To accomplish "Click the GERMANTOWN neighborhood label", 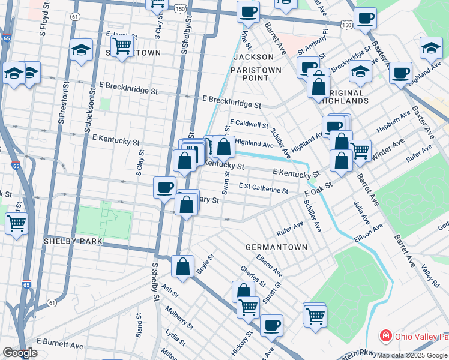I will pos(276,247).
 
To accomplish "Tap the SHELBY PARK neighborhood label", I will pos(74,241).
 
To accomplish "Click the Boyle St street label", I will pos(205,267).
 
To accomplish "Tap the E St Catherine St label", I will pos(263,188).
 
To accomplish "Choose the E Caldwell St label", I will pos(249,124).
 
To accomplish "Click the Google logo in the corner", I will pos(20,353).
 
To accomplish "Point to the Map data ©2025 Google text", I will pos(412,355).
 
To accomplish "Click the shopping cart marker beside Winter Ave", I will pos(360,151).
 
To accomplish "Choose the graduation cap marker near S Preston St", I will pos(80,50).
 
